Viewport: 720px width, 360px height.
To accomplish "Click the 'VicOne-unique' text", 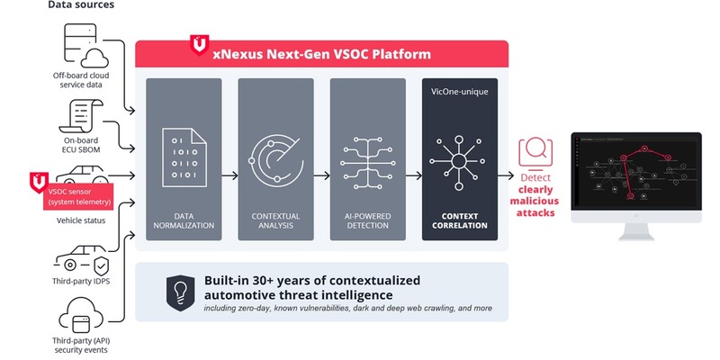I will click(x=459, y=94).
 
